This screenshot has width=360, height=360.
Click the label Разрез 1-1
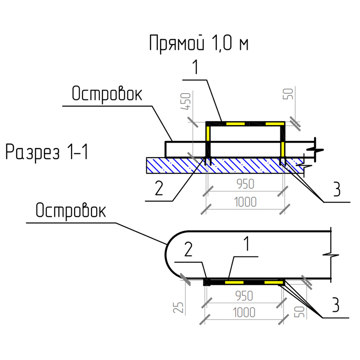tap(47, 152)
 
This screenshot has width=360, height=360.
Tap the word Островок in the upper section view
tap(107, 94)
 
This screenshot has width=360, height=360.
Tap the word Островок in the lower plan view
tap(71, 211)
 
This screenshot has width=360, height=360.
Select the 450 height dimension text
tap(186, 101)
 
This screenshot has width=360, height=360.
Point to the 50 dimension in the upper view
tap(288, 94)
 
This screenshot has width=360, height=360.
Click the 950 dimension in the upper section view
tap(245, 184)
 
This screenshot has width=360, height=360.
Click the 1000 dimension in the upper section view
tap(245, 202)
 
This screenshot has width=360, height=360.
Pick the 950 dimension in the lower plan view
tap(244, 296)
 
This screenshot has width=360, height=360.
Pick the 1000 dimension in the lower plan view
tap(244, 313)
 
